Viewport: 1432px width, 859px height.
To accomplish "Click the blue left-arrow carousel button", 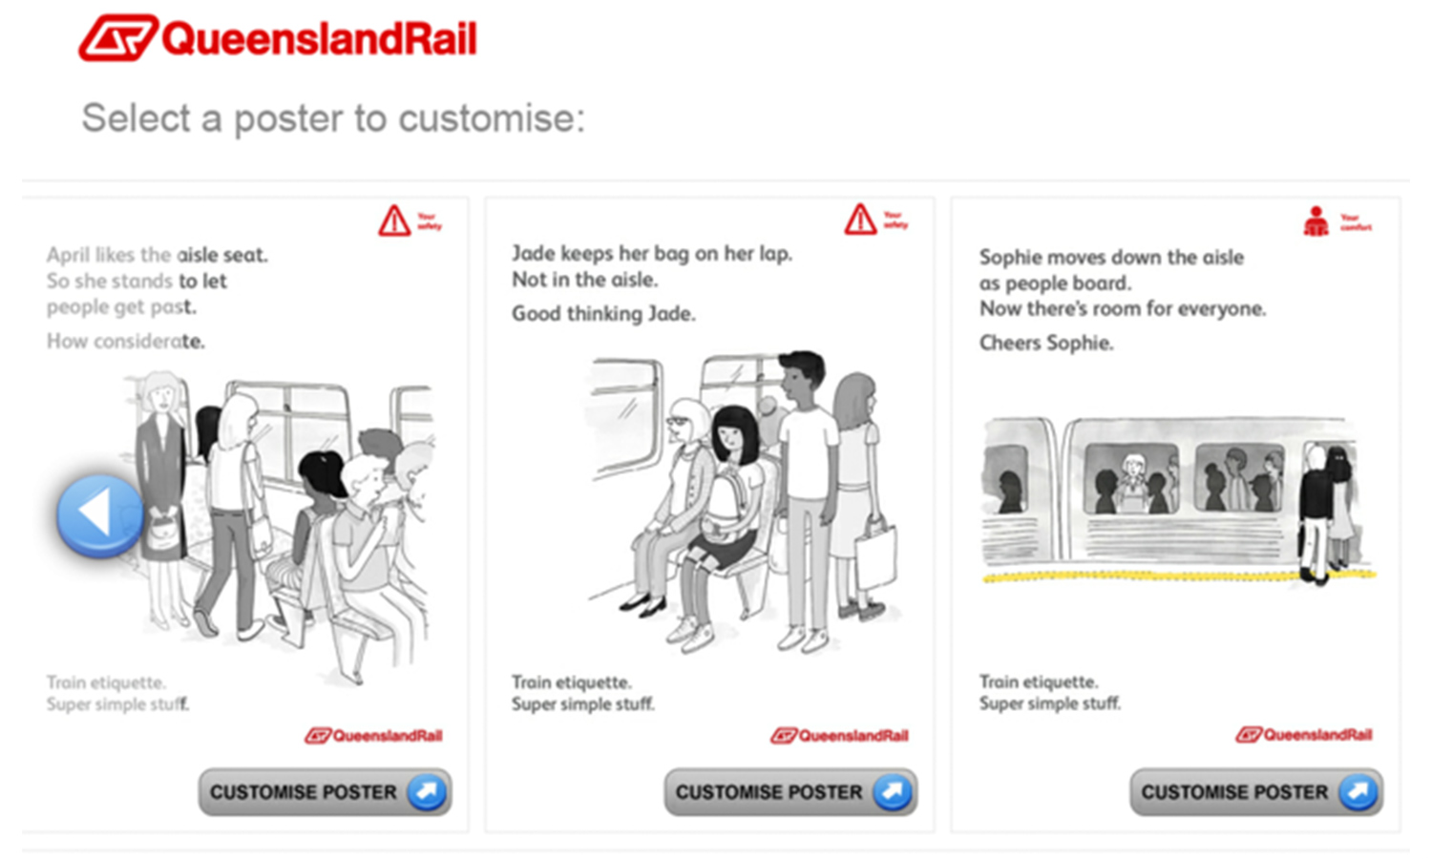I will tap(99, 515).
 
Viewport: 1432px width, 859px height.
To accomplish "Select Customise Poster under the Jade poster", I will tap(790, 792).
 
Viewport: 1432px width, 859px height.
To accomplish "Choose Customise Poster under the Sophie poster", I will tap(1255, 792).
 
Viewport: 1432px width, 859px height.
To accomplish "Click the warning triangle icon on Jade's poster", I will tap(860, 220).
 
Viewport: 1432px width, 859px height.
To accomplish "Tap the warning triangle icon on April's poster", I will tap(394, 220).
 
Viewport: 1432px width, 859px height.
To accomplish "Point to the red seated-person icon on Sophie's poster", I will tap(1316, 221).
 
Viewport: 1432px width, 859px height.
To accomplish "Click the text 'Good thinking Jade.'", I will tap(603, 314).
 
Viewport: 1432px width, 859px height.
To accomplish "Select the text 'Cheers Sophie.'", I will tap(1046, 343).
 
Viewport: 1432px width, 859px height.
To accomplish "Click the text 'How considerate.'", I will tap(126, 342).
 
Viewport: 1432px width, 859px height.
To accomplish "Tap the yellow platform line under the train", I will tap(1146, 577).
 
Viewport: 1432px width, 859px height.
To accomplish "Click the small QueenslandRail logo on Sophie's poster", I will tap(1304, 735).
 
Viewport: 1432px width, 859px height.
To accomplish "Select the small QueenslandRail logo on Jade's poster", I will tap(840, 736).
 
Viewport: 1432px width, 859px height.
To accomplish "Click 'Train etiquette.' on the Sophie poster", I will tap(1039, 682).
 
